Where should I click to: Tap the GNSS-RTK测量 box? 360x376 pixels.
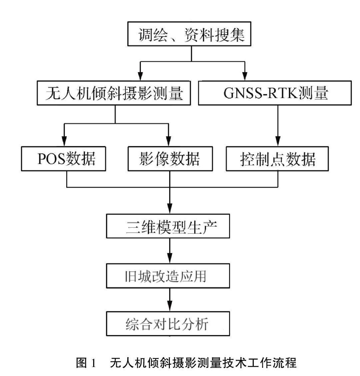pyautogui.click(x=274, y=93)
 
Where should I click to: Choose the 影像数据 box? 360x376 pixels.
pyautogui.click(x=170, y=158)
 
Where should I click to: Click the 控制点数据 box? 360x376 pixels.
pyautogui.click(x=277, y=159)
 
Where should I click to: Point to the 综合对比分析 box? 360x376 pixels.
pyautogui.click(x=168, y=323)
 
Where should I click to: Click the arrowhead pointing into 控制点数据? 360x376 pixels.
pyautogui.click(x=277, y=142)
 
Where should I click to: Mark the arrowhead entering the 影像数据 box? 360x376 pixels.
pyautogui.click(x=169, y=142)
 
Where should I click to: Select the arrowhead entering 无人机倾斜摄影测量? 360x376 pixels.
pyautogui.click(x=140, y=76)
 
